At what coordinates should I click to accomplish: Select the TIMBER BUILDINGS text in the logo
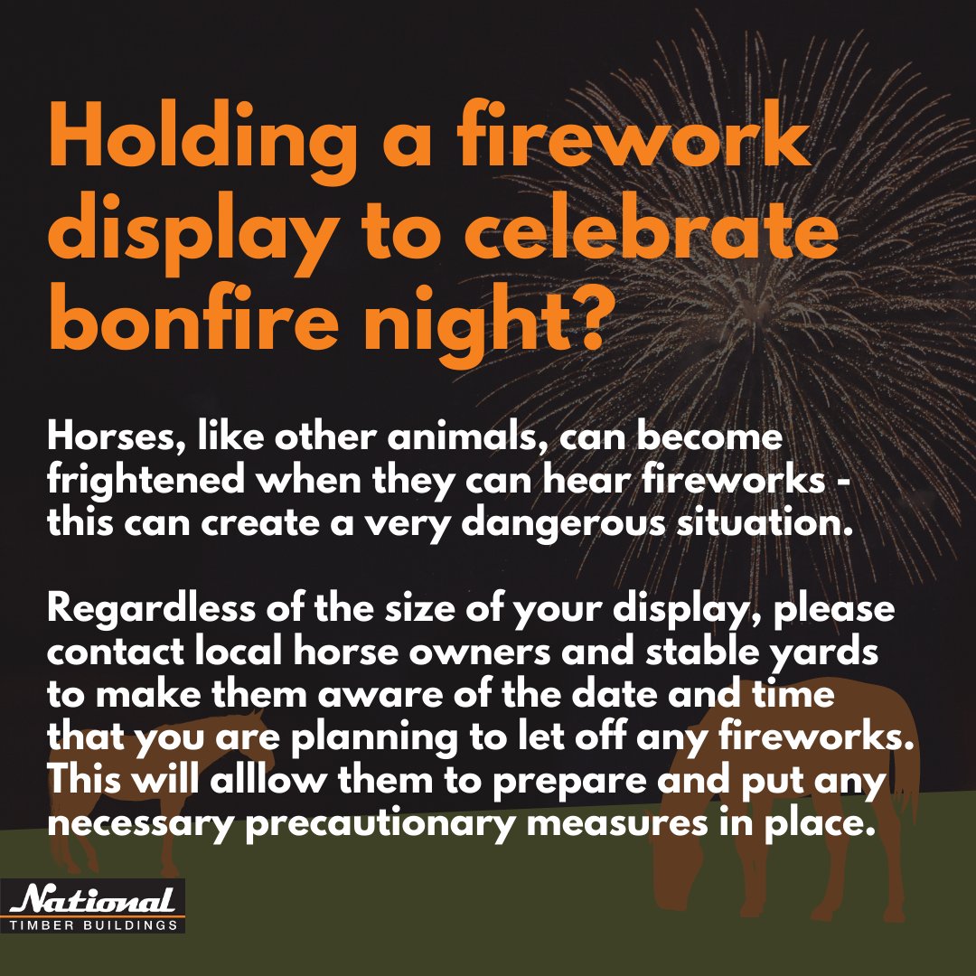tap(97, 924)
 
